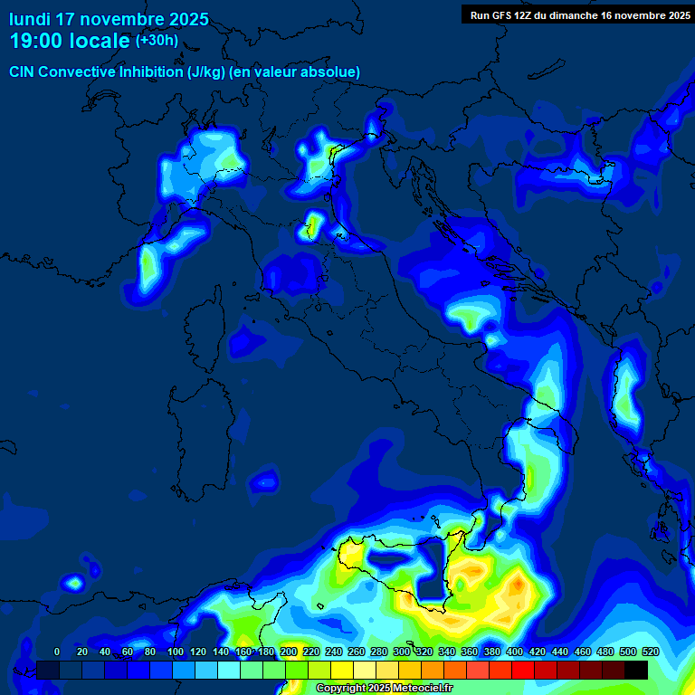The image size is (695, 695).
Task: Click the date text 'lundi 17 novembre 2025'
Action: click(x=109, y=19)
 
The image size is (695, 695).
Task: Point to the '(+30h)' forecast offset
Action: click(x=157, y=40)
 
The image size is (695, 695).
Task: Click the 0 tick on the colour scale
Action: click(x=57, y=652)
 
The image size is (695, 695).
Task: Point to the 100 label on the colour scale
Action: click(x=175, y=652)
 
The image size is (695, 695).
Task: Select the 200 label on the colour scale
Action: click(x=288, y=652)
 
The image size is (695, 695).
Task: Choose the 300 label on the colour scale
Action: click(x=401, y=652)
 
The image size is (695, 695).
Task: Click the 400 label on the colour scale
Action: click(x=514, y=652)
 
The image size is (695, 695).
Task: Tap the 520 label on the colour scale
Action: click(x=650, y=652)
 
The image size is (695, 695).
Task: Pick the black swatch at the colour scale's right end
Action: click(x=636, y=670)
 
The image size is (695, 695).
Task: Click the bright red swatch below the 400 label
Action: click(x=523, y=670)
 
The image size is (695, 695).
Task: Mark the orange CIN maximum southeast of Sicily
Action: click(x=515, y=588)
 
